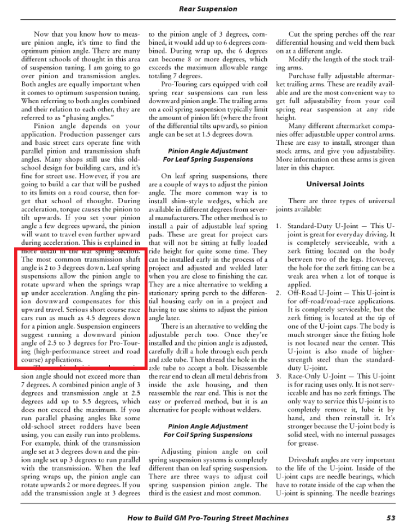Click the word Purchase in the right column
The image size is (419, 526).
(304, 76)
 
